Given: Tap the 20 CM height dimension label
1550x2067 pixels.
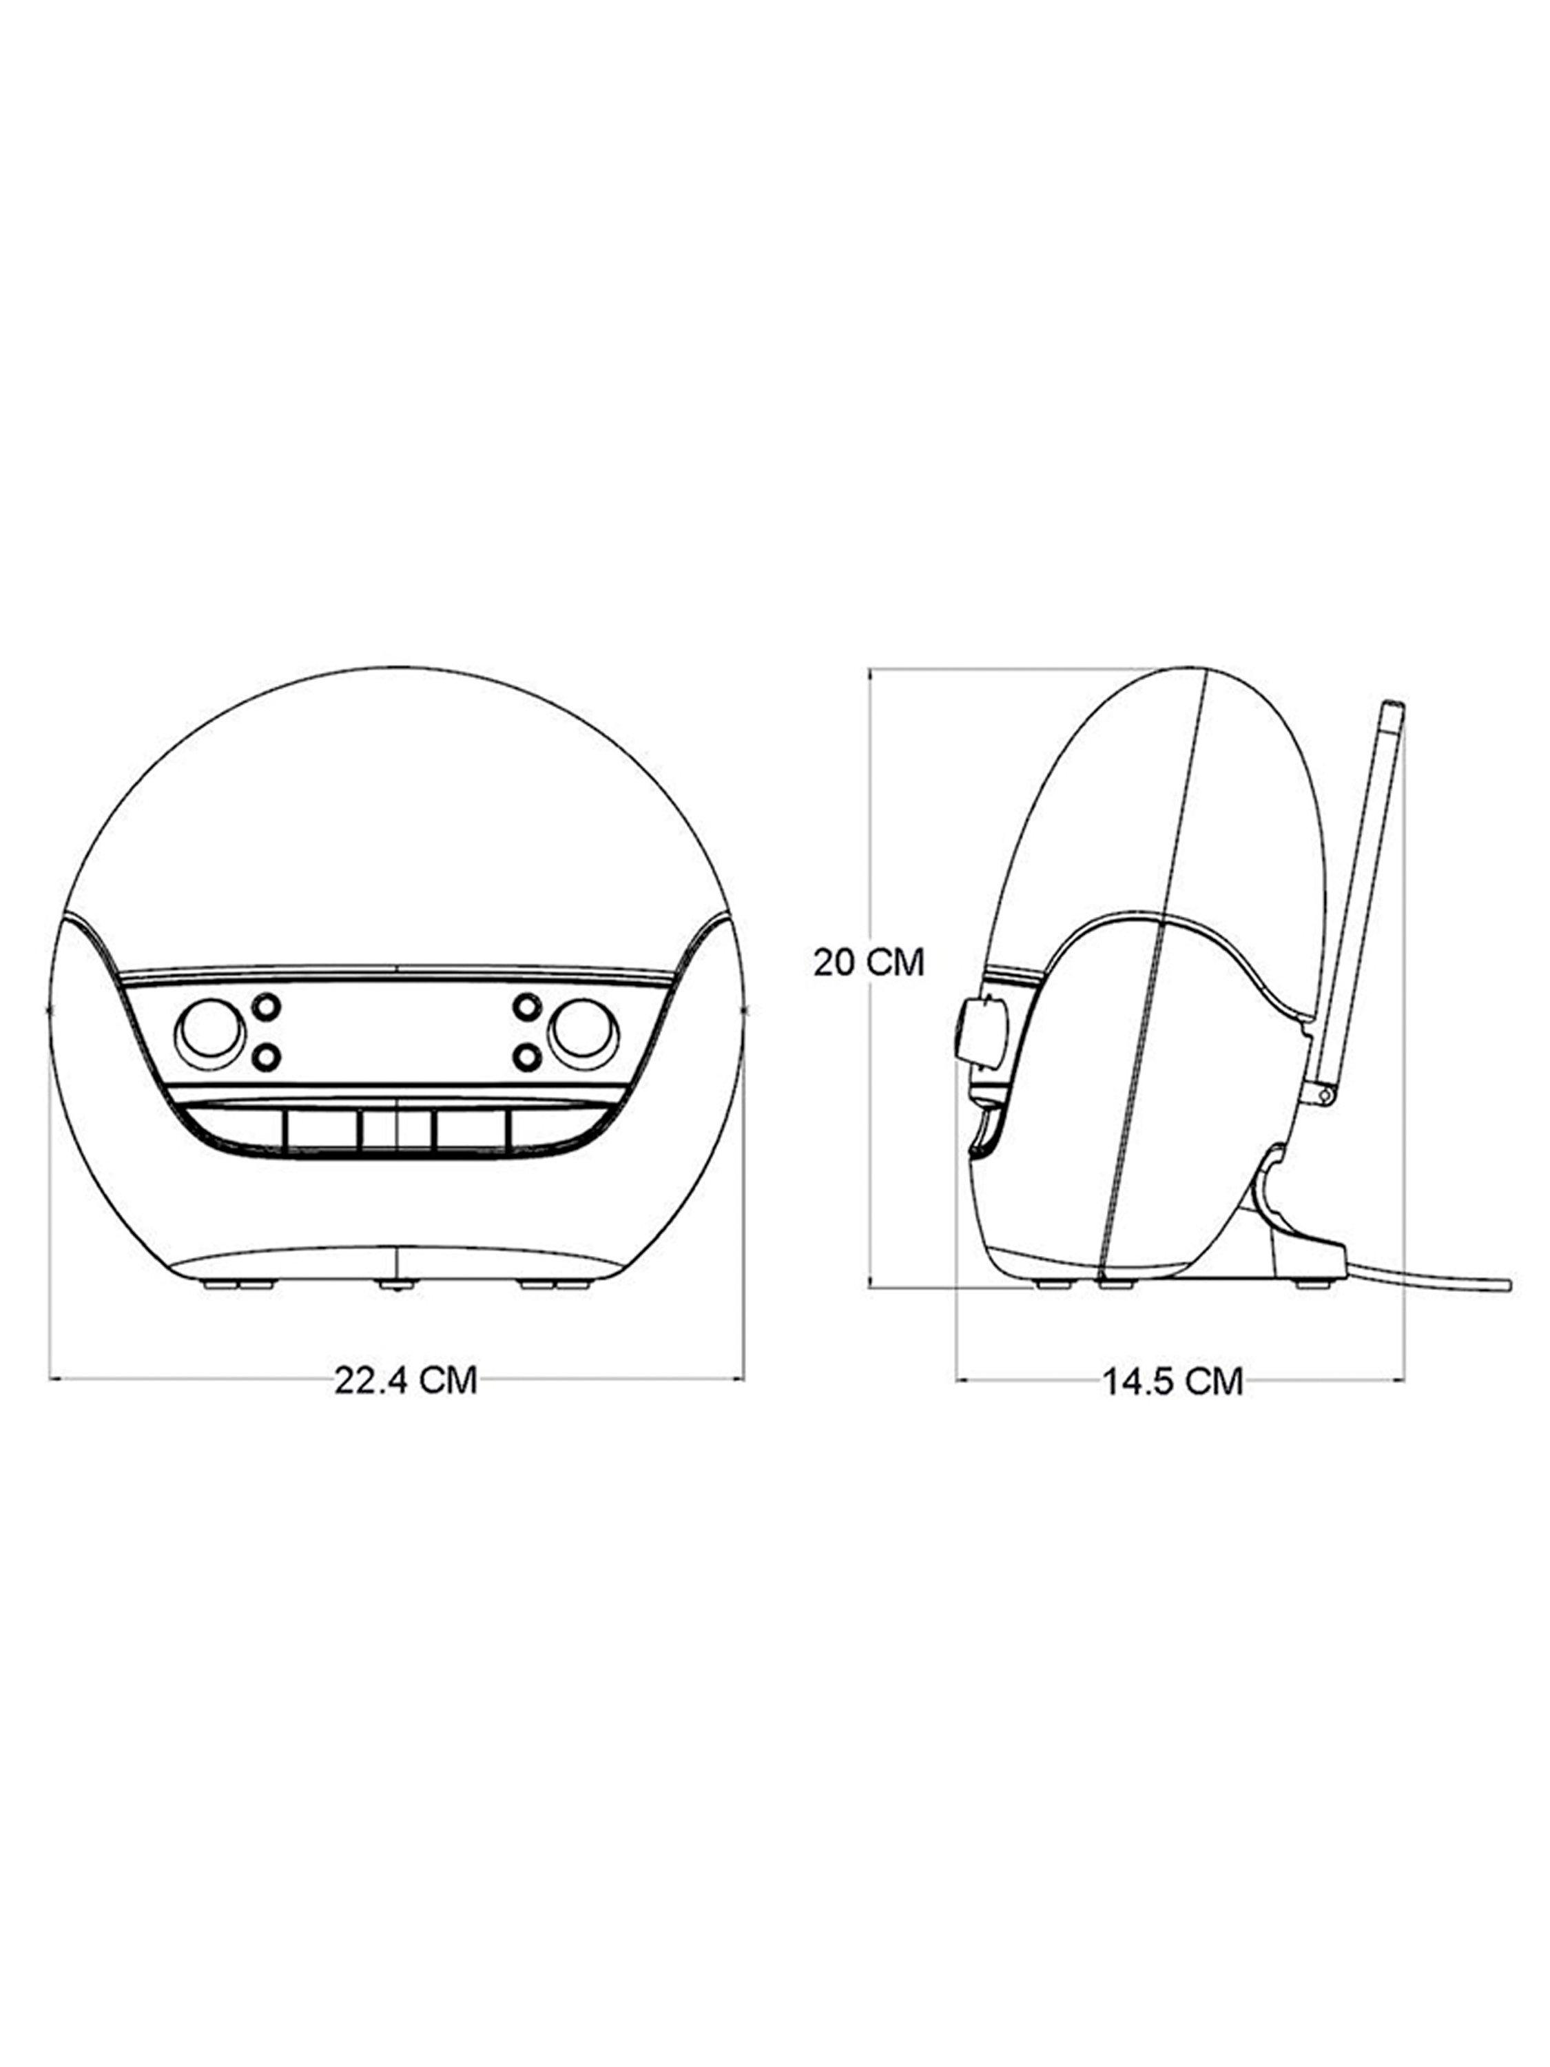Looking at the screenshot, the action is (x=868, y=963).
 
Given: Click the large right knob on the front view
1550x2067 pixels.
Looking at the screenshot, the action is (x=584, y=1033).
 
